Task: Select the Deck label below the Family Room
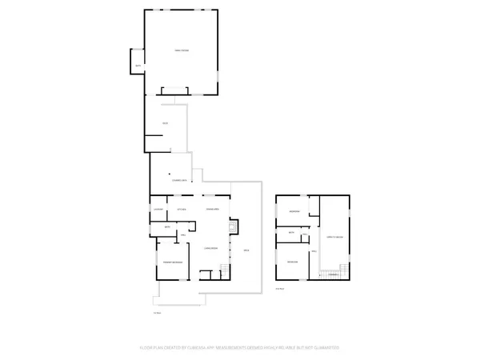[165, 122]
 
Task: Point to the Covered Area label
[179, 181]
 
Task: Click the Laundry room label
[158, 210]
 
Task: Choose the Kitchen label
[182, 210]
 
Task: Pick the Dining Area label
[213, 210]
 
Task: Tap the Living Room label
[210, 248]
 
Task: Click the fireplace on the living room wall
[234, 226]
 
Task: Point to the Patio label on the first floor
[247, 251]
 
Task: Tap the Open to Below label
[335, 238]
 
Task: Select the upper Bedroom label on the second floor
[294, 211]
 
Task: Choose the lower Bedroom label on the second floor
[293, 262]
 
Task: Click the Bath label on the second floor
[293, 233]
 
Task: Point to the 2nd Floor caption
[279, 288]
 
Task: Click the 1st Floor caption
[157, 312]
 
